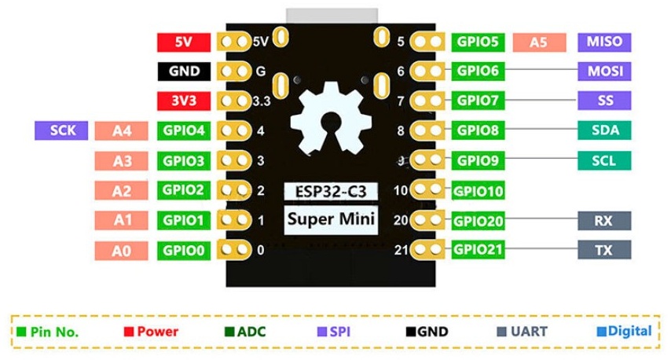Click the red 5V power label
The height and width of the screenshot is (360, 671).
point(184,42)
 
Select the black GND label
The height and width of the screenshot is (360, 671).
point(184,71)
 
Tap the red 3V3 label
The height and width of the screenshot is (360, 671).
point(184,101)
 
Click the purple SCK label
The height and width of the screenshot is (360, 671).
point(61,130)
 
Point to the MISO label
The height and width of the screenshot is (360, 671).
point(604,42)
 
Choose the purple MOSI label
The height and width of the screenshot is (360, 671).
point(604,71)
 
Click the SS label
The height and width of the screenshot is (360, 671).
point(604,101)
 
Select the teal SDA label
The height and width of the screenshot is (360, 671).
point(604,130)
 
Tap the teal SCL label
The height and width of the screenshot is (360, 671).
point(604,160)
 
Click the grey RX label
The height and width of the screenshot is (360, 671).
point(604,220)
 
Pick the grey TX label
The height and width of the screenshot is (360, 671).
point(604,249)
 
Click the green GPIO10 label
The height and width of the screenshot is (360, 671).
point(478,190)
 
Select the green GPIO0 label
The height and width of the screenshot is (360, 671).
point(184,251)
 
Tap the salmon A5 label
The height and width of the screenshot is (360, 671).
point(539,42)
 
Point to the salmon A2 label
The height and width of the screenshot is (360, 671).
point(121,190)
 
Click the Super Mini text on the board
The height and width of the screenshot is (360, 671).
point(331,219)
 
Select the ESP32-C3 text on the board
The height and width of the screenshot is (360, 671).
point(331,191)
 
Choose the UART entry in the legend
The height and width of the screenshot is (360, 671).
point(522,332)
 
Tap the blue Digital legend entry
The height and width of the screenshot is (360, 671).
point(625,331)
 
